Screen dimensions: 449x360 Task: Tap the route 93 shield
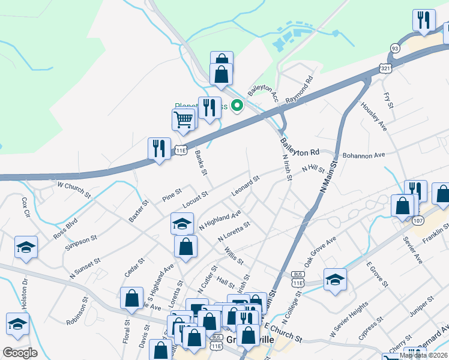click(394, 48)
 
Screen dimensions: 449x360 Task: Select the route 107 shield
click(417, 220)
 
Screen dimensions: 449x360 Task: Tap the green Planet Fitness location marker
click(237, 106)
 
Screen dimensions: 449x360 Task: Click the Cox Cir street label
click(25, 206)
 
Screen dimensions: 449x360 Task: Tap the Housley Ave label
click(373, 115)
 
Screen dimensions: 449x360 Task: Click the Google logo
click(20, 353)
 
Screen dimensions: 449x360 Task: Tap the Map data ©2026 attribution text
click(424, 355)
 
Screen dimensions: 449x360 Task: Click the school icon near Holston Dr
click(18, 324)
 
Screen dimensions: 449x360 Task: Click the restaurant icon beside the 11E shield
click(159, 148)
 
